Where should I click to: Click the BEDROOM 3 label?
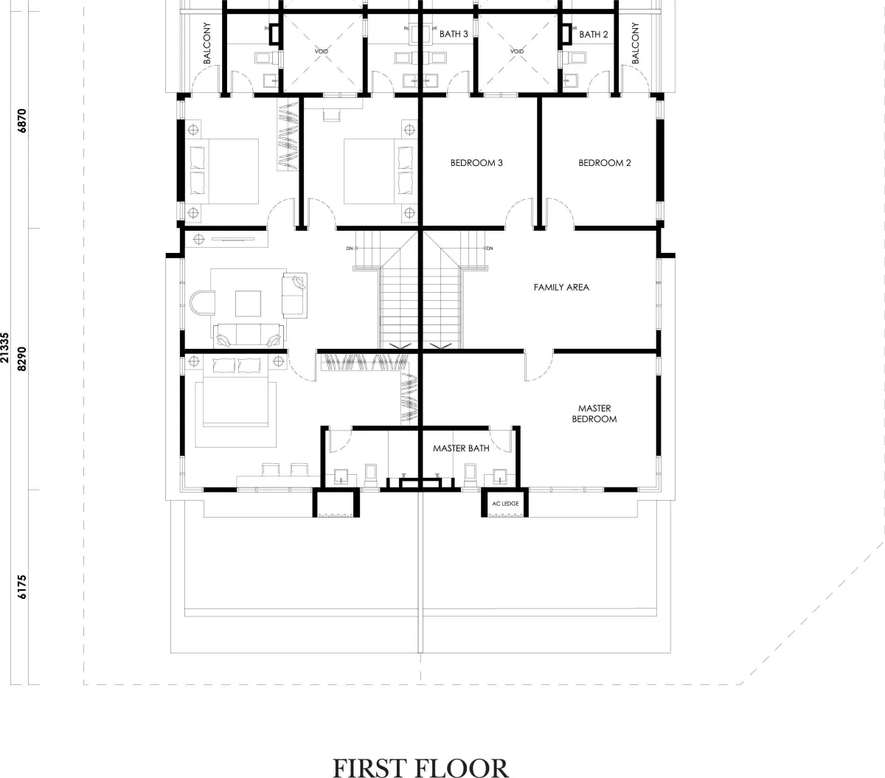coord(476,163)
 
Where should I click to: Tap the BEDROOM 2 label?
coord(605,163)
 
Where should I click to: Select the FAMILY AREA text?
coord(561,288)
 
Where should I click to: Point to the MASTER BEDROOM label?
coord(594,414)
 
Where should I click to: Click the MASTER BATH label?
coord(461,448)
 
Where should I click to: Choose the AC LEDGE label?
coord(505,504)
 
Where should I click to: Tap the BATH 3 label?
coord(454,34)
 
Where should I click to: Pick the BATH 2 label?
coord(593,35)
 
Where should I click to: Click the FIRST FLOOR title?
coord(420,767)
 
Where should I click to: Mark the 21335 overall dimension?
coord(5,348)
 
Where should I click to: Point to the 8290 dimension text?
coord(22,359)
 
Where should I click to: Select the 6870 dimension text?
coord(22,121)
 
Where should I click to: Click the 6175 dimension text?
coord(22,587)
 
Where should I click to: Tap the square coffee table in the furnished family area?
coord(248,304)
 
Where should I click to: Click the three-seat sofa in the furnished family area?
coord(248,336)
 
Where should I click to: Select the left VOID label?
coord(321,52)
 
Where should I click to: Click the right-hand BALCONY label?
coord(635,43)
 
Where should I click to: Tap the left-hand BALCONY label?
coord(206,43)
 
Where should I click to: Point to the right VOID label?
coord(517,52)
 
